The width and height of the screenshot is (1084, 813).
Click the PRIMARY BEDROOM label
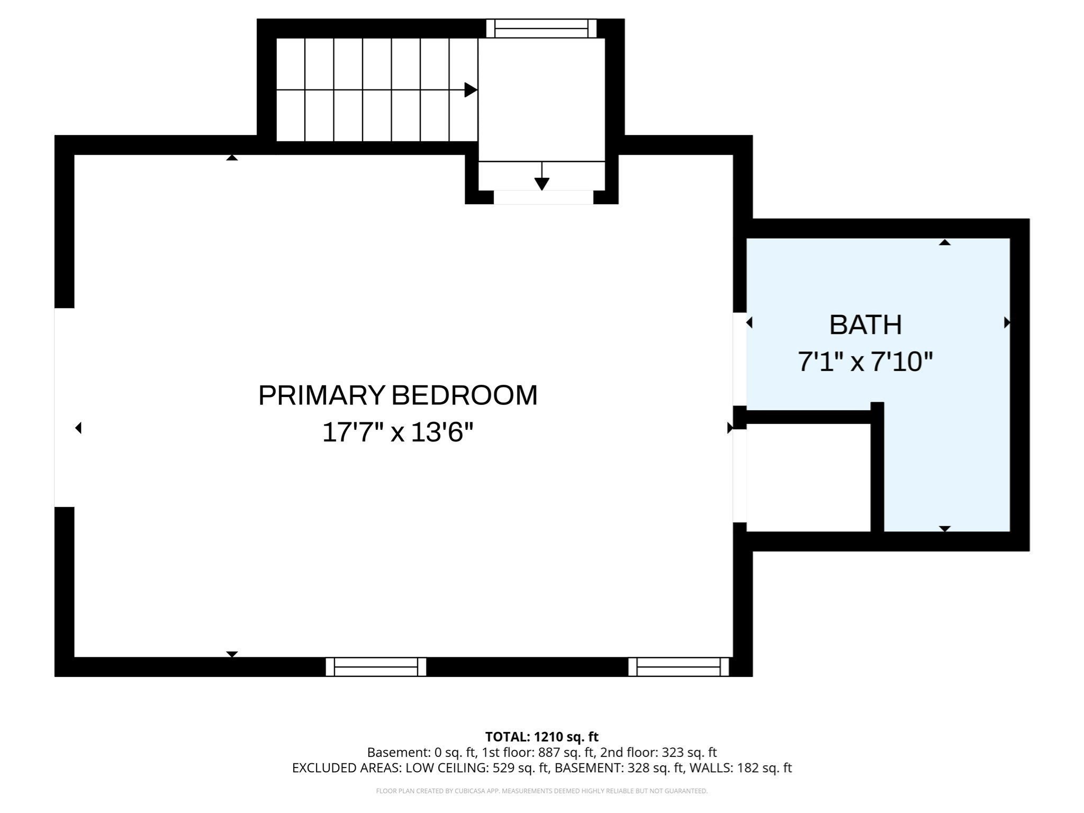click(398, 395)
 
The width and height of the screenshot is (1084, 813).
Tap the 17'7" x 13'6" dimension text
click(398, 432)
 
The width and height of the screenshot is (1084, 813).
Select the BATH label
click(865, 325)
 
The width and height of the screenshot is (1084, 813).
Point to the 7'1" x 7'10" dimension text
click(865, 363)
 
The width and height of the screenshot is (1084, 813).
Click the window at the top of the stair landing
click(541, 29)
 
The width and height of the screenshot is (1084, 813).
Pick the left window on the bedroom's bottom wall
click(376, 667)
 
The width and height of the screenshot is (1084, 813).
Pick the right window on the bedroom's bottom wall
click(679, 667)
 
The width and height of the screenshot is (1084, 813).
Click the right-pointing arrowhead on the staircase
click(470, 90)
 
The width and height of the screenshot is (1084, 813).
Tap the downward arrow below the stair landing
click(541, 183)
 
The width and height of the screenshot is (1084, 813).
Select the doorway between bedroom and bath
click(739, 359)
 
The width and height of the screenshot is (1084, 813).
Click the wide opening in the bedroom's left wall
click(64, 407)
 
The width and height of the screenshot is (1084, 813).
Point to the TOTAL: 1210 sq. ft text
click(541, 737)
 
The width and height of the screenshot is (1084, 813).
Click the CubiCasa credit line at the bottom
click(541, 791)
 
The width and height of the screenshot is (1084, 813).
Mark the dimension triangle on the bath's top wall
click(945, 242)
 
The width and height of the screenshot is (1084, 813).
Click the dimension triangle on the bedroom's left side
click(78, 428)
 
